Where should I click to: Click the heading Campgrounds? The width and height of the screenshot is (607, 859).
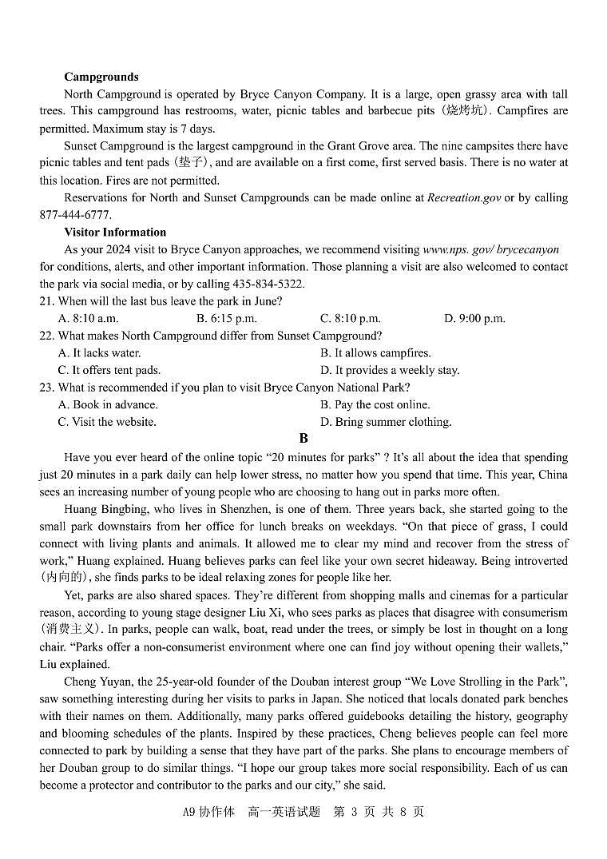[x=101, y=77]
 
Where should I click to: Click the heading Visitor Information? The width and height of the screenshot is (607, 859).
[x=115, y=232]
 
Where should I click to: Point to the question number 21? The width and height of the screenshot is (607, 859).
[x=46, y=301]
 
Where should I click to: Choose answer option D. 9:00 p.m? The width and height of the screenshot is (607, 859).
[x=474, y=319]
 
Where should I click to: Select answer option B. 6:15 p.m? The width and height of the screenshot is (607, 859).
[x=226, y=319]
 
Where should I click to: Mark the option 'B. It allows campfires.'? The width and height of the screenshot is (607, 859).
[x=375, y=353]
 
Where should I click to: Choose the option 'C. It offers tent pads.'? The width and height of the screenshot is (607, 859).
[x=109, y=370]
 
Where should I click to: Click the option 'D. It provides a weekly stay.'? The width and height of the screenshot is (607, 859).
[x=390, y=370]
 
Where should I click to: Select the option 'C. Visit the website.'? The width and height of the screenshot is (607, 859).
[x=107, y=422]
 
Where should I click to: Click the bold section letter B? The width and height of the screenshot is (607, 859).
[x=303, y=438]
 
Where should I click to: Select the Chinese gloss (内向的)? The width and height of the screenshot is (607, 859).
[x=65, y=578]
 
